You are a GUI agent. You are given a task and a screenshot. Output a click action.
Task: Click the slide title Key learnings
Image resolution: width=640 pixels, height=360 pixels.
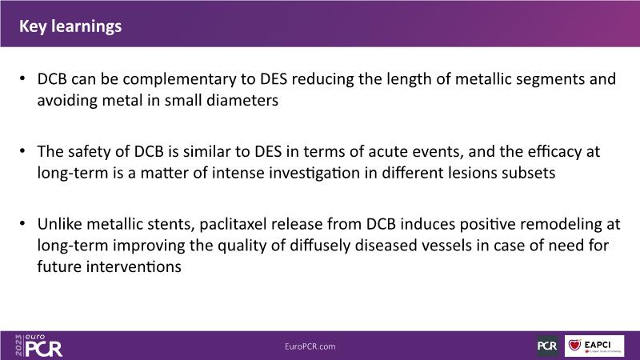(x=70, y=26)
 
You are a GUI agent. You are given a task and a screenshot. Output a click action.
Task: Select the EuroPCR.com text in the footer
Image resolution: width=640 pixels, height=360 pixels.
(x=310, y=346)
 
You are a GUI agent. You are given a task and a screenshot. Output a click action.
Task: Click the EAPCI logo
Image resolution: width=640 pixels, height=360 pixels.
(x=594, y=346)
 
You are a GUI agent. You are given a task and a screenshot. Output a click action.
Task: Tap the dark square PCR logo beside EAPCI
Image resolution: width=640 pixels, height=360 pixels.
(x=547, y=346)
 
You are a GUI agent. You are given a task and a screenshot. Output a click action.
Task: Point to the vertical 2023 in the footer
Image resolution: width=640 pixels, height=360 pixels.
(x=18, y=346)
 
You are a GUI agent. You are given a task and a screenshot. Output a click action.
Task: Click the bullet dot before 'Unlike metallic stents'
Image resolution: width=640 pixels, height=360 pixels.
(x=22, y=223)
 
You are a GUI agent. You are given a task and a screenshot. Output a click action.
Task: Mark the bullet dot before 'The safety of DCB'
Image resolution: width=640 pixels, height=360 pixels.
(x=22, y=150)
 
